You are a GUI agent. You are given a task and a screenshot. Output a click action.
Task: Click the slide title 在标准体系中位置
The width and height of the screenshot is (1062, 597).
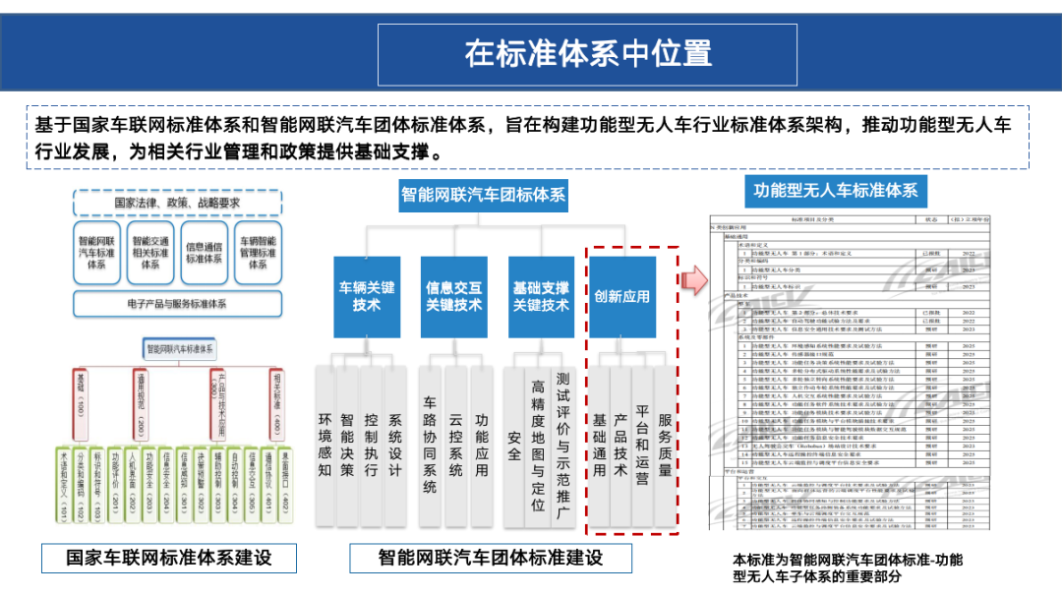(x=588, y=52)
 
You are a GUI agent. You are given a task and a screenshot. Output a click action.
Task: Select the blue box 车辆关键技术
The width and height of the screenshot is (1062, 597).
(x=367, y=296)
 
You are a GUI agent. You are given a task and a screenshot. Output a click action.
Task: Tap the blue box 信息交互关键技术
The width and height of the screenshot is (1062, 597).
(x=453, y=296)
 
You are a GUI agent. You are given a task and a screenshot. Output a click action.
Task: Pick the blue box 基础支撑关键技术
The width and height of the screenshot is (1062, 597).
(x=541, y=296)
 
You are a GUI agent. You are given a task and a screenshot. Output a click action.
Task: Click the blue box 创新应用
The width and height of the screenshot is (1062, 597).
(x=621, y=296)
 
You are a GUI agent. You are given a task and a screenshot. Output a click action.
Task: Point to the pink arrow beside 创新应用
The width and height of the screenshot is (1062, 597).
(x=695, y=281)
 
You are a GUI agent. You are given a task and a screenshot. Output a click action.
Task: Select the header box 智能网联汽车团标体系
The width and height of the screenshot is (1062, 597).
(x=482, y=194)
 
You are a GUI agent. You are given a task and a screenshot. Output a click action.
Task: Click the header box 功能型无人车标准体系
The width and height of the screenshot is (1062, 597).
(x=835, y=190)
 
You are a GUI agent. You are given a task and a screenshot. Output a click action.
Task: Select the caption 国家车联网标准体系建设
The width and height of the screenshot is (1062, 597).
(x=168, y=558)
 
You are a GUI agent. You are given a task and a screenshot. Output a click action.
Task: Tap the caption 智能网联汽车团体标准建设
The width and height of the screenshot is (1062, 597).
(x=491, y=558)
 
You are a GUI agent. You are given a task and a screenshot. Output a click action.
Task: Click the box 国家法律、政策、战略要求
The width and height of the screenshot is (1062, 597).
(x=177, y=203)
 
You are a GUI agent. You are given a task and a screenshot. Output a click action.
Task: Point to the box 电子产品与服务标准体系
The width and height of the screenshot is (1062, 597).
(x=177, y=304)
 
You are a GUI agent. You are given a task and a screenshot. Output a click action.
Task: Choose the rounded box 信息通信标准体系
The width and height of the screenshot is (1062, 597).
(x=204, y=252)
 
